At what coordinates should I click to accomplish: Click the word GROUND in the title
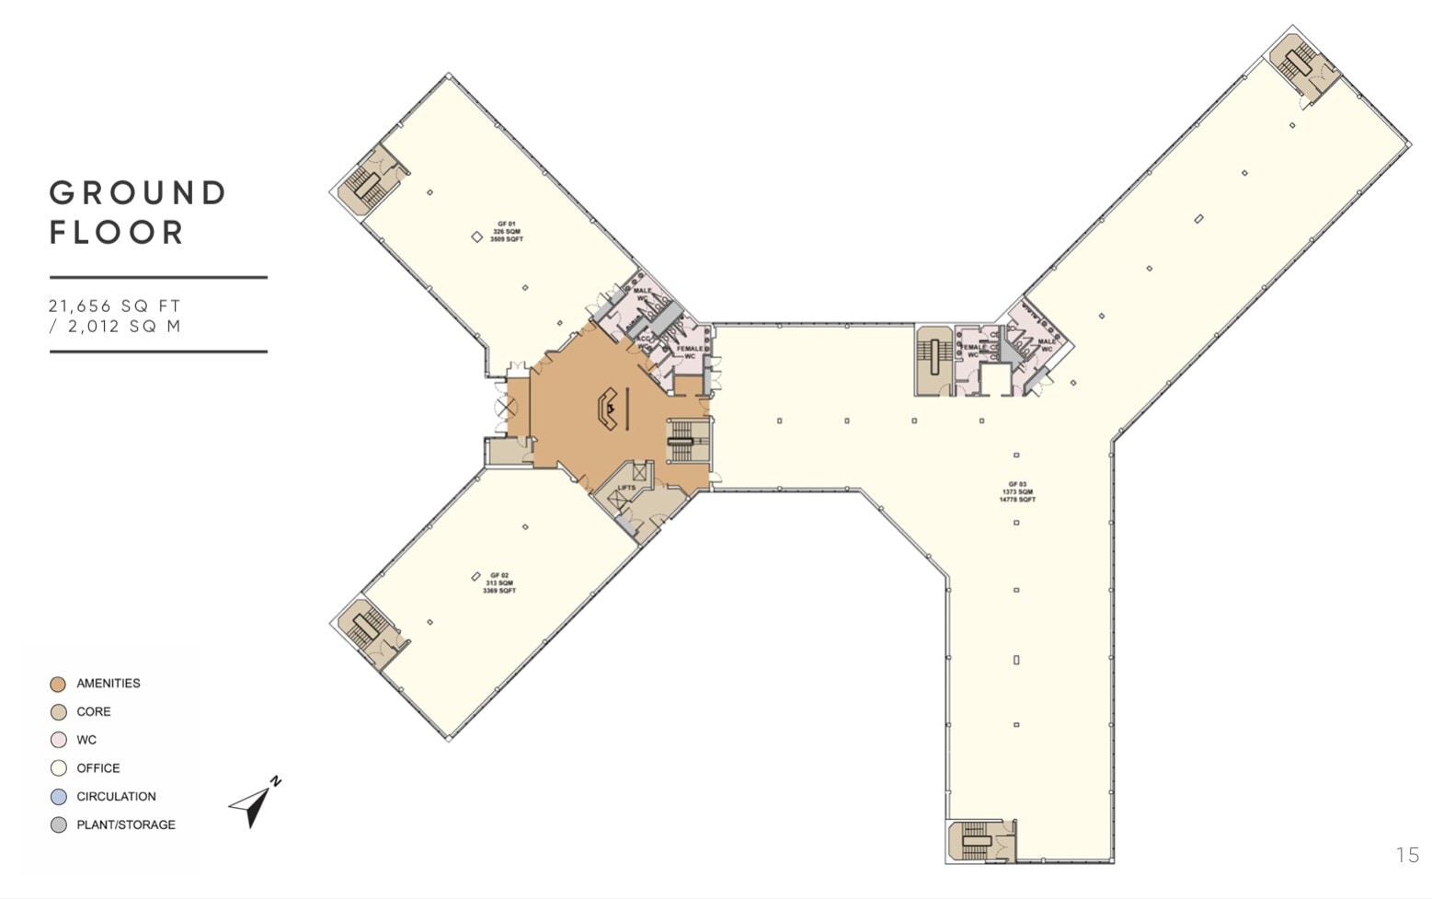click(x=138, y=193)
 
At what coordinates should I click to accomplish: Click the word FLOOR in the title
click(x=117, y=233)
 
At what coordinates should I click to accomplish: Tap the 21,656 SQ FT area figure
click(x=115, y=305)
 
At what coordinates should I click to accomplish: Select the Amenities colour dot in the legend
click(x=58, y=684)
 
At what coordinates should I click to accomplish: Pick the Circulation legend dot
click(x=58, y=797)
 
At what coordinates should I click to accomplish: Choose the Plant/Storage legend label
click(x=125, y=824)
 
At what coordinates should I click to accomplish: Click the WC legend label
click(x=86, y=740)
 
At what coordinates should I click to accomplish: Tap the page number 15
click(x=1407, y=855)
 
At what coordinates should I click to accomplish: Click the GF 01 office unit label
click(x=507, y=231)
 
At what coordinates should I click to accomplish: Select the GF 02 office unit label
click(x=499, y=582)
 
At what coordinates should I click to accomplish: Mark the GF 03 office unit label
click(x=1017, y=491)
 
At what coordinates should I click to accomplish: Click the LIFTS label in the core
click(x=626, y=488)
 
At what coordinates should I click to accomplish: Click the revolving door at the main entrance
click(x=504, y=406)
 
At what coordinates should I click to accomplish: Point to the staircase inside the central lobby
click(x=681, y=442)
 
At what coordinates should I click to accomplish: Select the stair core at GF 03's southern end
click(x=976, y=840)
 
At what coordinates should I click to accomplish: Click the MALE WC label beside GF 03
click(x=1047, y=344)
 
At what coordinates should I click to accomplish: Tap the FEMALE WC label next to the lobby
click(x=689, y=352)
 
